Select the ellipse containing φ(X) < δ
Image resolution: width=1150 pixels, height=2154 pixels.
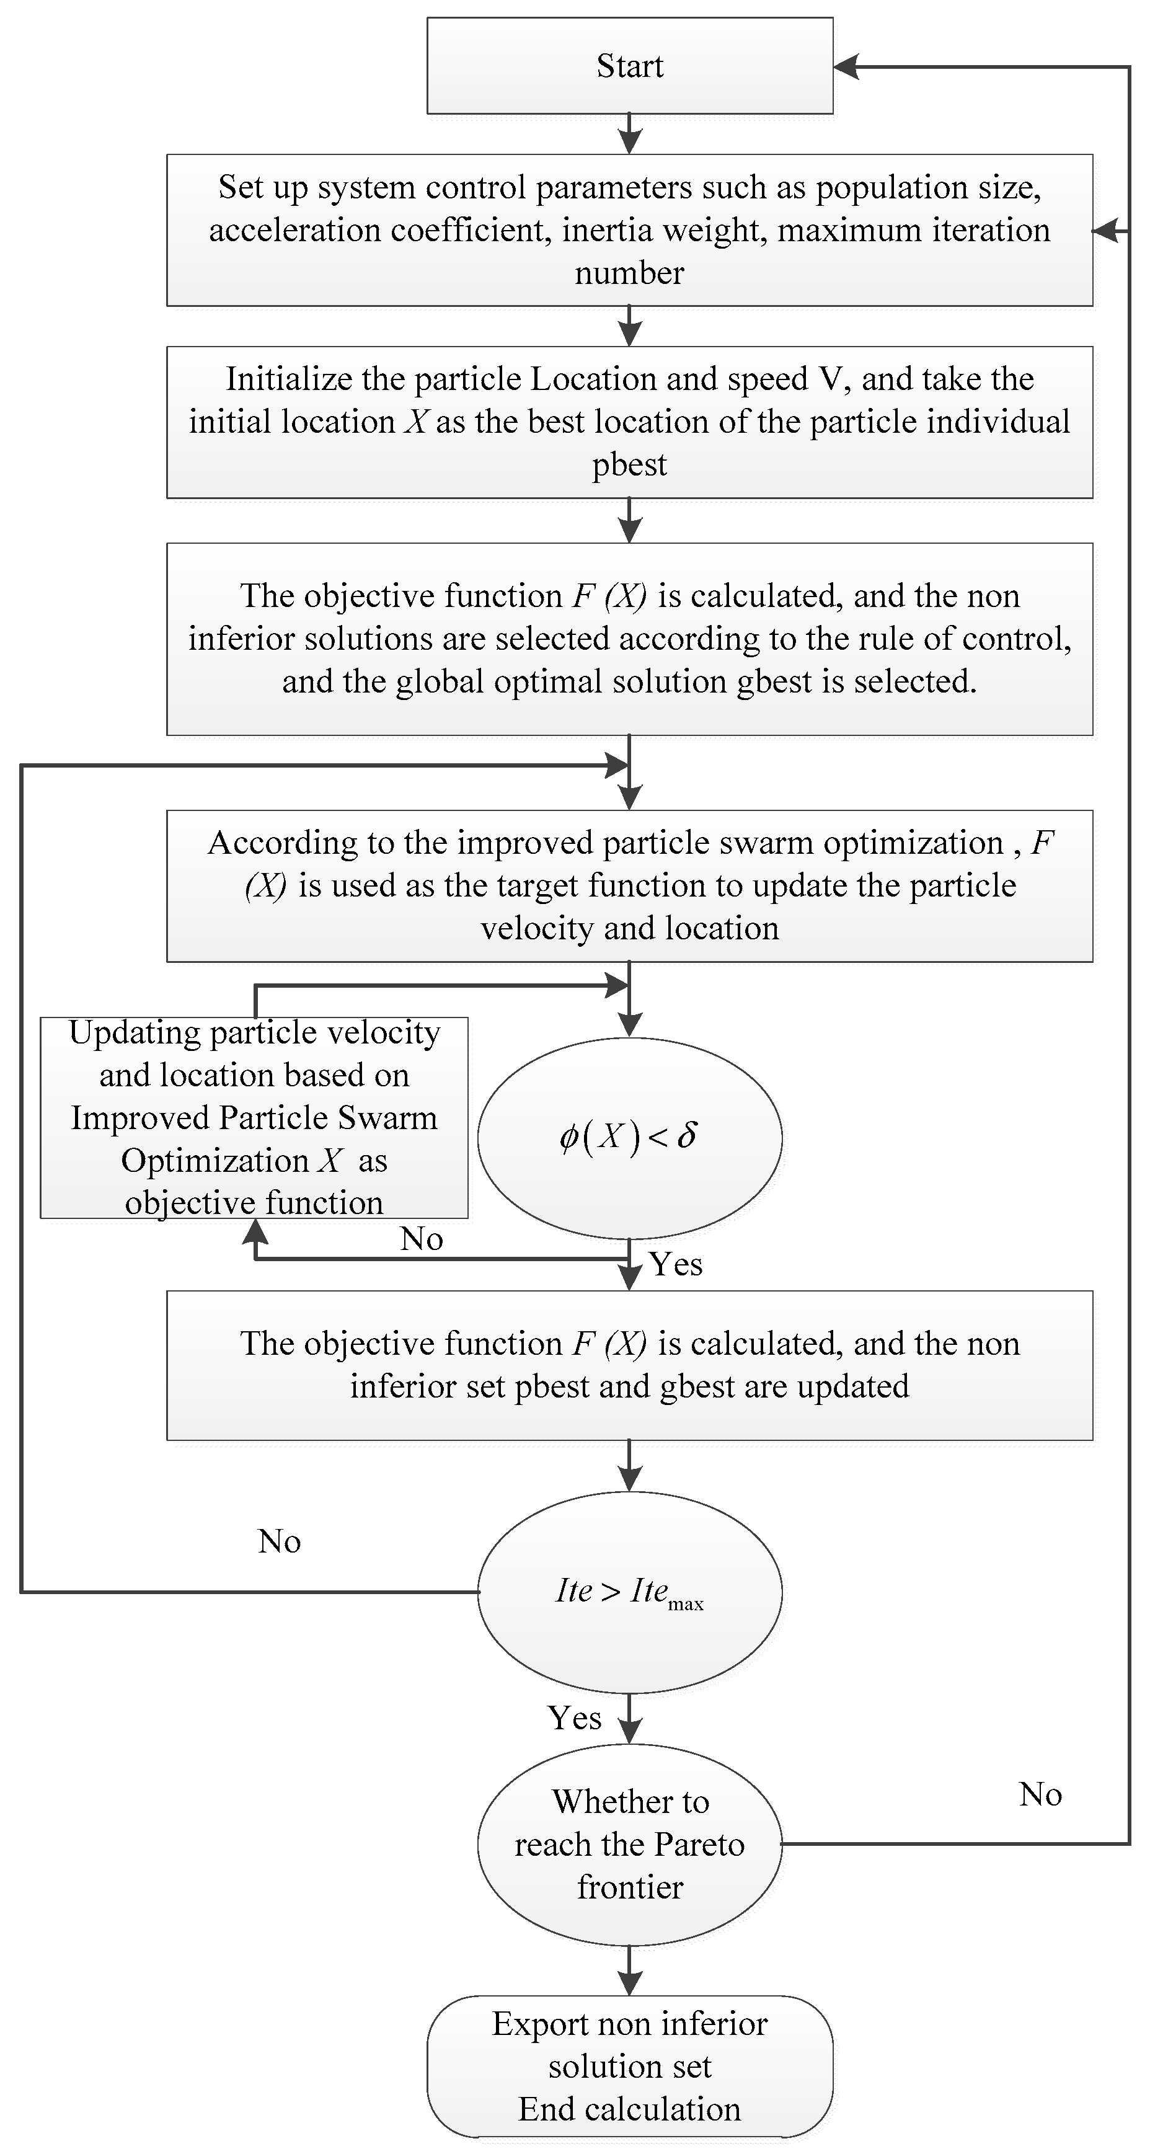tap(629, 1137)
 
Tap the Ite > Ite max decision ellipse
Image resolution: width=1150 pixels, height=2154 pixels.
tap(629, 1591)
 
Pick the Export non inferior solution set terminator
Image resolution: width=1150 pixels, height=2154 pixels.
tap(629, 2066)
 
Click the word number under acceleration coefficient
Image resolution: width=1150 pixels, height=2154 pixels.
tap(629, 273)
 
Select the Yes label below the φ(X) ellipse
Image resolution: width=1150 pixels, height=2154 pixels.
tap(676, 1264)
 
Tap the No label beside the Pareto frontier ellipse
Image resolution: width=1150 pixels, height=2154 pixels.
tap(1040, 1794)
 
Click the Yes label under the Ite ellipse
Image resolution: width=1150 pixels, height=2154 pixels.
tap(575, 1717)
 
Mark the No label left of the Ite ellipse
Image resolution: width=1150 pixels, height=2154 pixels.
tap(280, 1541)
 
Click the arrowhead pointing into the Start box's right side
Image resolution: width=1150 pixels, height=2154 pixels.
tap(846, 67)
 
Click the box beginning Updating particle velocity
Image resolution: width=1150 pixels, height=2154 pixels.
tap(254, 1117)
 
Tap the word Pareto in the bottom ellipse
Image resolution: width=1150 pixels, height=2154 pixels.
tap(699, 1845)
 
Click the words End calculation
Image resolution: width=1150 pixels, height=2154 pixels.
tap(629, 2109)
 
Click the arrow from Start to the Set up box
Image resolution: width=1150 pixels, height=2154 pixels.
tap(629, 135)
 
